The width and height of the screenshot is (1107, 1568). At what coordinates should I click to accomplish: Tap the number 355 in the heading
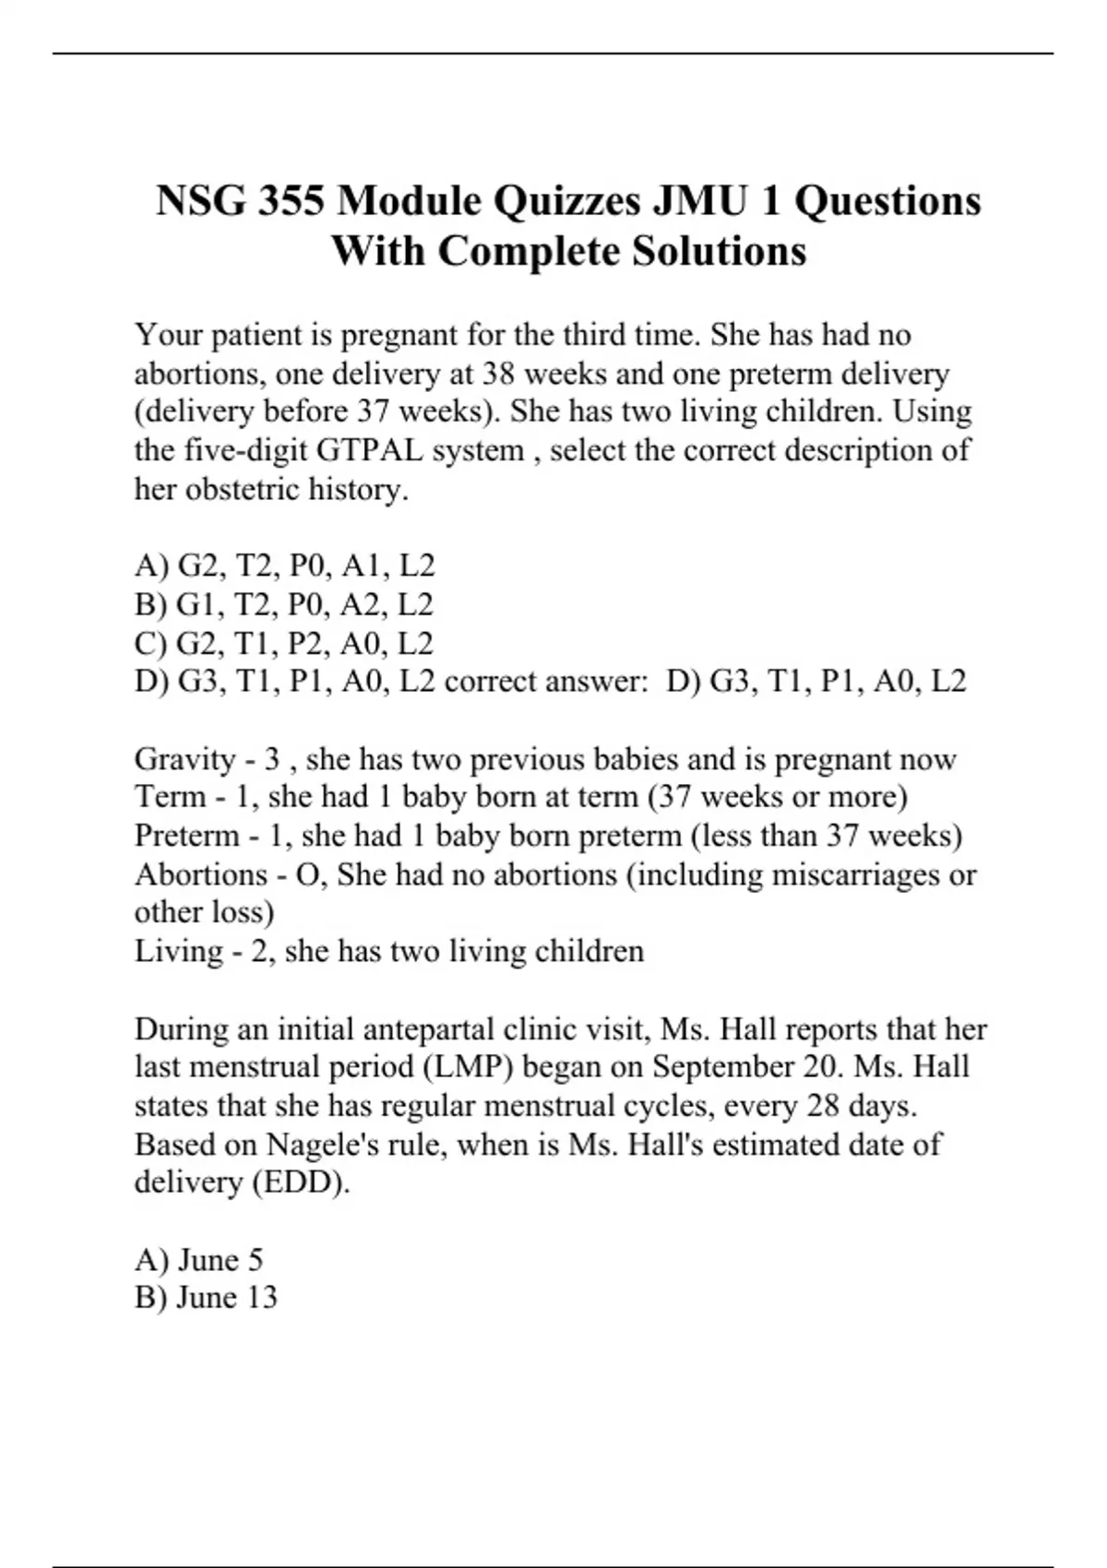coord(291,201)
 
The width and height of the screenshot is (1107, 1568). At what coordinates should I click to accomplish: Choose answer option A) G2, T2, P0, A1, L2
coord(284,565)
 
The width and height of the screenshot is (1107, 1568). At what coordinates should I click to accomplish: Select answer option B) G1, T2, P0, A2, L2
coord(283,604)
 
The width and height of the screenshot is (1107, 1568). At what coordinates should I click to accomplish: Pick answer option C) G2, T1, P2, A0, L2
coord(283,643)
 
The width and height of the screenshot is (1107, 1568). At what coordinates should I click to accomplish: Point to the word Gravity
coord(184,759)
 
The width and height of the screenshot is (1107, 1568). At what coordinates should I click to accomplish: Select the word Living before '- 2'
coord(178,951)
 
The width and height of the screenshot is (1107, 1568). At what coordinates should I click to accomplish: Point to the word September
coord(722,1067)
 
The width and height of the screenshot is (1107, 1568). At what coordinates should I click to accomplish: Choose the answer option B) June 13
coord(206,1298)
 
